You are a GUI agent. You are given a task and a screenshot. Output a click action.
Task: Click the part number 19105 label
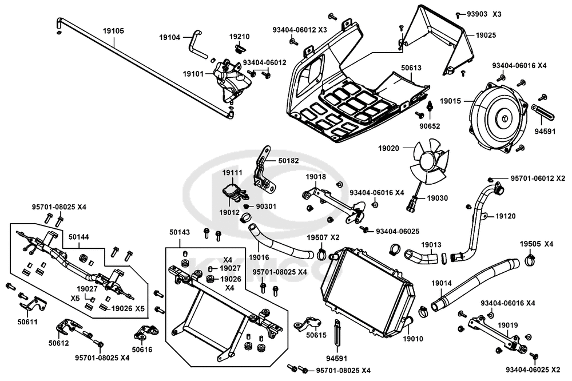[113, 30]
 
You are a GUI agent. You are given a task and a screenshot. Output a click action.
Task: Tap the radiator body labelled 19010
[366, 292]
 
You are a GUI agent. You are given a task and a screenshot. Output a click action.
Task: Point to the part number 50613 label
[411, 68]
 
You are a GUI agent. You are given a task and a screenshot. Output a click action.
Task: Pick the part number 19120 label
[505, 217]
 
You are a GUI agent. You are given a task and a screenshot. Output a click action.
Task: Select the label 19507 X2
[323, 237]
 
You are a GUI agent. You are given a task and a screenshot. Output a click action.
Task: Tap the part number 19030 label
[438, 197]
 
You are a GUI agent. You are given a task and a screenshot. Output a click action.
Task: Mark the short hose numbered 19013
[422, 256]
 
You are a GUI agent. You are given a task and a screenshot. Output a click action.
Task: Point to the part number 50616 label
[142, 348]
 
